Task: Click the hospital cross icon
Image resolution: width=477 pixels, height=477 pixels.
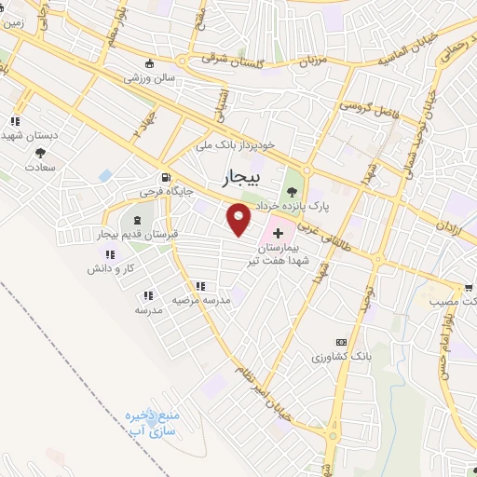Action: pos(278,229)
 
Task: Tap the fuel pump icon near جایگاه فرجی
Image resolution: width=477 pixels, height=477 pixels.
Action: pos(166,177)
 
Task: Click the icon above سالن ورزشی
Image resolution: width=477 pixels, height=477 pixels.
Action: pos(150,64)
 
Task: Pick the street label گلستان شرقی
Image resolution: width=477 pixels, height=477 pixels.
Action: pos(233,58)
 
